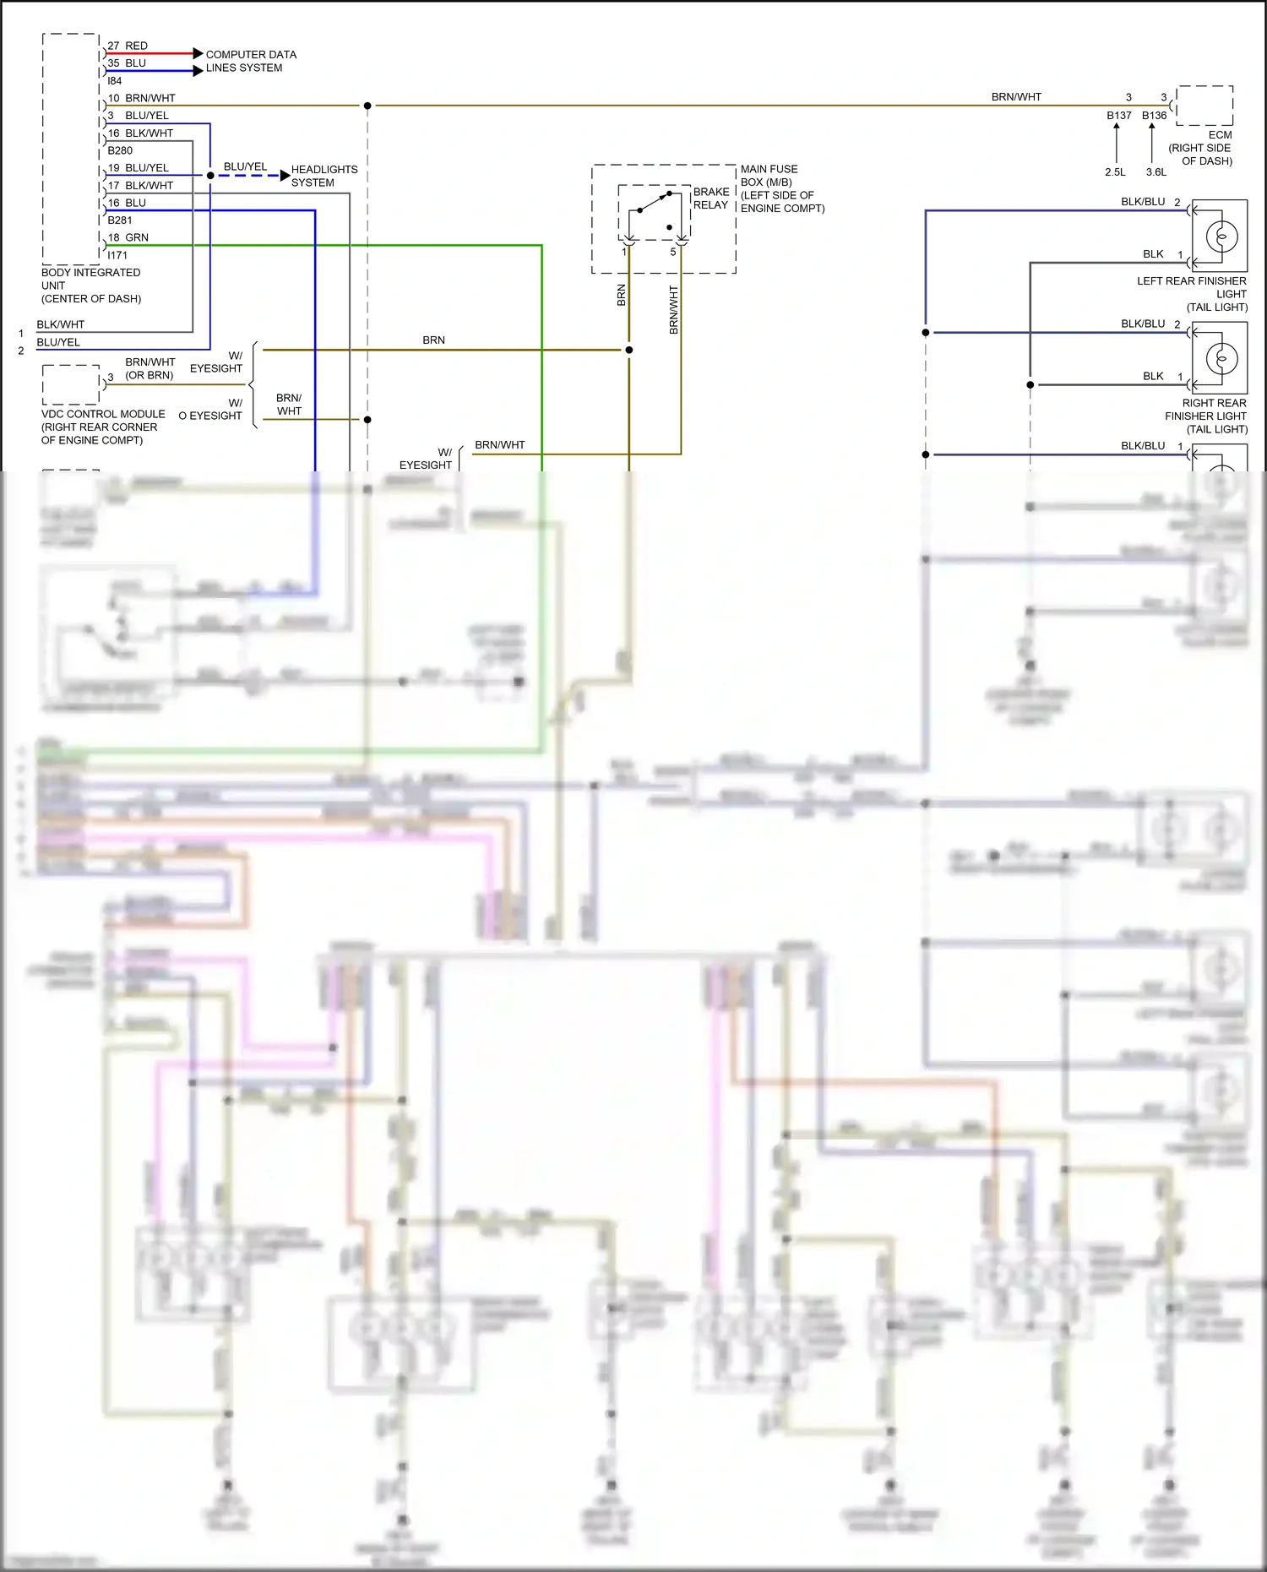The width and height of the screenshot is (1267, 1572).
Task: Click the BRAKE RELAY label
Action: pyautogui.click(x=710, y=199)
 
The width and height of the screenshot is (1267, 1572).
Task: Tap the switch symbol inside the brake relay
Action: pyautogui.click(x=655, y=203)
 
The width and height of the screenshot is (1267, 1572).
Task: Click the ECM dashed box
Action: pyautogui.click(x=1204, y=106)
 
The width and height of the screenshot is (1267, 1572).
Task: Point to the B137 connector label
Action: pyautogui.click(x=1118, y=116)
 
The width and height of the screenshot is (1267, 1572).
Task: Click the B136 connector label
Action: pyautogui.click(x=1154, y=116)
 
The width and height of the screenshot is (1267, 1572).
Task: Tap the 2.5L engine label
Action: pyautogui.click(x=1115, y=172)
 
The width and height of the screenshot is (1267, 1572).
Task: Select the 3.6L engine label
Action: pyautogui.click(x=1156, y=172)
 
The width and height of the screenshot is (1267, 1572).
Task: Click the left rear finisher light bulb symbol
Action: pyautogui.click(x=1221, y=237)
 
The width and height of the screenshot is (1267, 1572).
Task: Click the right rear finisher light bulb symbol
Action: pyautogui.click(x=1221, y=359)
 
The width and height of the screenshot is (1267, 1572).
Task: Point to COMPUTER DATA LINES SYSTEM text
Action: pyautogui.click(x=250, y=61)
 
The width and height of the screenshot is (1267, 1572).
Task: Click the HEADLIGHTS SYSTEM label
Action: pyautogui.click(x=324, y=176)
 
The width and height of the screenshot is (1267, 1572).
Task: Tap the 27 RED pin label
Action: pyautogui.click(x=128, y=46)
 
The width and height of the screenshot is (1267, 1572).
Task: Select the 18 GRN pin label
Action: pyautogui.click(x=128, y=237)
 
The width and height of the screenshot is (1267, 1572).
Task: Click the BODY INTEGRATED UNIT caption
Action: pyautogui.click(x=90, y=286)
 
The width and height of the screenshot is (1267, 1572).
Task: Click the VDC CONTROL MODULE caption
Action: pyautogui.click(x=102, y=427)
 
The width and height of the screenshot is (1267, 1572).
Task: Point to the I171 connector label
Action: pyautogui.click(x=117, y=255)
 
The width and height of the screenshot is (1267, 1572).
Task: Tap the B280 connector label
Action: pyautogui.click(x=120, y=150)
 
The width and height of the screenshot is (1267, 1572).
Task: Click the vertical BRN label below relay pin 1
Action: pyautogui.click(x=622, y=295)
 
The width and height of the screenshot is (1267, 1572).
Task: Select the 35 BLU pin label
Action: pyautogui.click(x=127, y=63)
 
